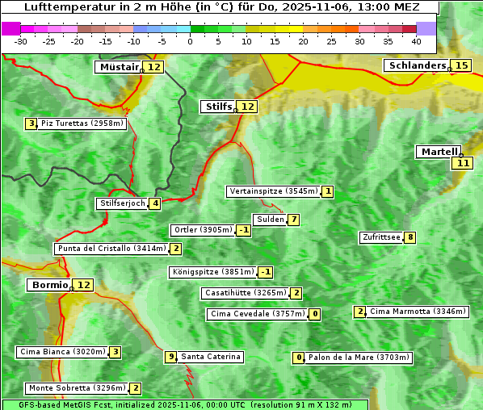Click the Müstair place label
[x=119, y=67]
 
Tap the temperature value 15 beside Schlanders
[x=461, y=65]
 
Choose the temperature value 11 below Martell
[x=461, y=163]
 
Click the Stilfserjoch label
[x=122, y=203]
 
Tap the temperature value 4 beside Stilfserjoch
[x=154, y=203]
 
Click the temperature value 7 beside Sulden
[x=294, y=220]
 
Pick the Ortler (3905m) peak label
[x=203, y=230]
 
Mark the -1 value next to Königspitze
[x=265, y=272]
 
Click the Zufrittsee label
[x=380, y=237]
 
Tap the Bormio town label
[x=48, y=285]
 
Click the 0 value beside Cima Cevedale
[x=315, y=314]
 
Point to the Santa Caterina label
[x=210, y=357]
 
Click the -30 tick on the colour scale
[x=21, y=41]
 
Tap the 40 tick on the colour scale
[x=416, y=41]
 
